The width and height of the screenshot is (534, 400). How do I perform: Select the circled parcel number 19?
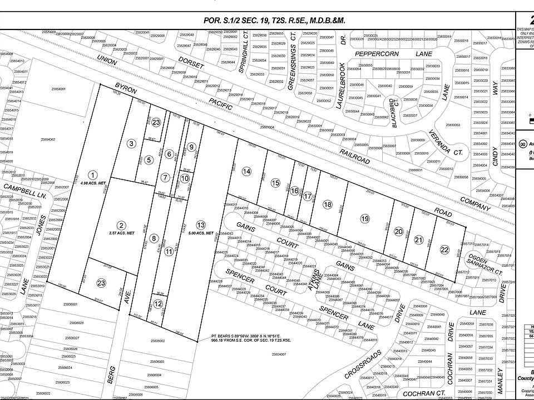point(364,218)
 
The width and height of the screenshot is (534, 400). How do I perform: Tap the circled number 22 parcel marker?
point(444,250)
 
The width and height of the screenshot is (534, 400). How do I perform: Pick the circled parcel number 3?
point(131,143)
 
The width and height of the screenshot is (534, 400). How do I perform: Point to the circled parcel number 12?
point(159,304)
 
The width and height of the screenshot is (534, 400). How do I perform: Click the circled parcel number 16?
point(295,191)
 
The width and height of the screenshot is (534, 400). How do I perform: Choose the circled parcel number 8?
point(154,239)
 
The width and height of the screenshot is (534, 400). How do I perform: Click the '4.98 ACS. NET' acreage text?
point(92,183)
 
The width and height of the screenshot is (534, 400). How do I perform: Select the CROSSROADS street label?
point(362,370)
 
